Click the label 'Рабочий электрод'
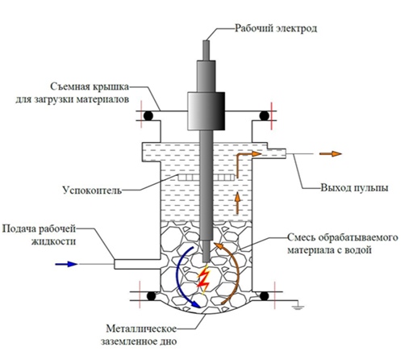pyautogui.click(x=276, y=28)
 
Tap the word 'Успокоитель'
pyautogui.click(x=92, y=190)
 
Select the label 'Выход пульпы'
pyautogui.click(x=354, y=188)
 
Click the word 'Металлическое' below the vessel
pyautogui.click(x=141, y=329)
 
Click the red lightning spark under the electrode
pyautogui.click(x=203, y=279)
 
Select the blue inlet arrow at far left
pyautogui.click(x=66, y=264)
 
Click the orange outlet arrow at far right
pyautogui.click(x=331, y=154)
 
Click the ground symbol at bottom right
pyautogui.click(x=298, y=307)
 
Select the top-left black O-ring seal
pyautogui.click(x=148, y=116)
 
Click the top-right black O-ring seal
pyautogui.click(x=264, y=116)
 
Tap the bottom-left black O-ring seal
pyautogui.click(x=152, y=296)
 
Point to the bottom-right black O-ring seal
pyautogui.click(x=265, y=296)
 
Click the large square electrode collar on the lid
pyautogui.click(x=207, y=111)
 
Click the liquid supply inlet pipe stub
pyautogui.click(x=137, y=264)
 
